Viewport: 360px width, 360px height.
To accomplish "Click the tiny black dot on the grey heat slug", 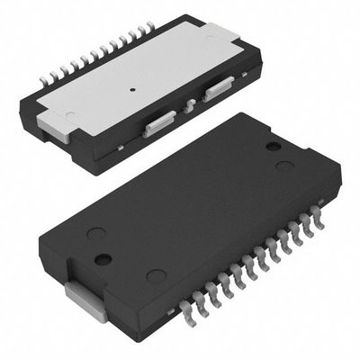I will click(x=132, y=89).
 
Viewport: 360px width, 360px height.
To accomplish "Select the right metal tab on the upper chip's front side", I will click(x=220, y=89).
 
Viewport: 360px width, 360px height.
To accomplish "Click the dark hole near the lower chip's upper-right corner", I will click(x=274, y=146).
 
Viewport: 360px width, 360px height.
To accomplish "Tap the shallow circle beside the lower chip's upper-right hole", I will click(x=283, y=166).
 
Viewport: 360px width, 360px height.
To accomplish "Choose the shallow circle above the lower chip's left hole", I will click(x=94, y=234).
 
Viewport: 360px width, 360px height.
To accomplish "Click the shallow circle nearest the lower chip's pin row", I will click(x=156, y=276).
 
